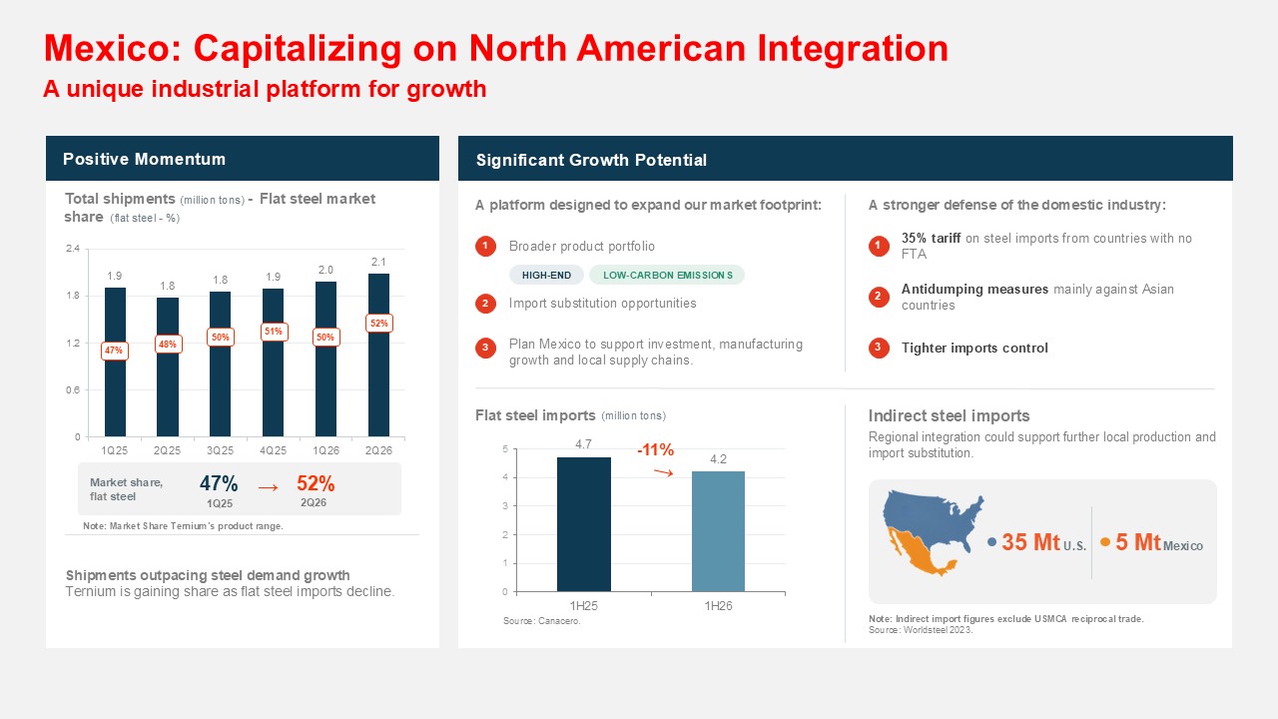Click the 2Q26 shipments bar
[x=378, y=355]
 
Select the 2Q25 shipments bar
[x=168, y=366]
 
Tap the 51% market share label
[x=274, y=332]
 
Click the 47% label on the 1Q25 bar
[x=114, y=351]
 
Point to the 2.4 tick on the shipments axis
[x=73, y=249]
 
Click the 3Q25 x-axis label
[x=221, y=450]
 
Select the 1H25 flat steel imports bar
[x=584, y=524]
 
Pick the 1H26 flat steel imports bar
[x=718, y=531]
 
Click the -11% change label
[x=656, y=450]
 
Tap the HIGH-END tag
[x=546, y=275]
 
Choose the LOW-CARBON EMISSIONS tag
[x=668, y=275]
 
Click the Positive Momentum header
[x=145, y=159]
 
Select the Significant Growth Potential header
[x=592, y=160]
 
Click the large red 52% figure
[x=316, y=484]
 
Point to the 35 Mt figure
[x=1031, y=542]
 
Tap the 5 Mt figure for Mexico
[x=1138, y=542]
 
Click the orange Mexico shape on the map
[x=919, y=552]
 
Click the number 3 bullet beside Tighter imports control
[x=879, y=348]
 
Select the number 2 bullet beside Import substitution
[x=485, y=303]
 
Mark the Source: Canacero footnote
[x=542, y=621]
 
